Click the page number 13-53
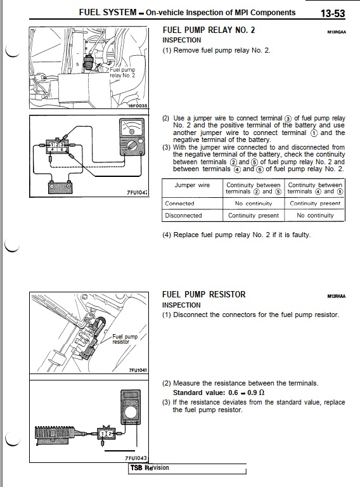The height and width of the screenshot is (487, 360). click(333, 13)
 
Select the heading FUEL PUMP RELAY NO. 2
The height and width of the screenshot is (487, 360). click(209, 30)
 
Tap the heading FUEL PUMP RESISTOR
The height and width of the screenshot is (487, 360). click(204, 294)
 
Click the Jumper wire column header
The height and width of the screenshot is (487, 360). click(192, 185)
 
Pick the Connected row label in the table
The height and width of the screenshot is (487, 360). click(180, 204)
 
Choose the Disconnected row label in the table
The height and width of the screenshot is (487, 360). click(183, 215)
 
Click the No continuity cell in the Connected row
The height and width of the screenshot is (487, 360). click(254, 204)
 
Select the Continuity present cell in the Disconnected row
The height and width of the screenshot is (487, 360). click(254, 215)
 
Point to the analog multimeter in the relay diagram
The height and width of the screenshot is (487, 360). click(132, 137)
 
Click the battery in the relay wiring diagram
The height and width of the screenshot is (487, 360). click(60, 186)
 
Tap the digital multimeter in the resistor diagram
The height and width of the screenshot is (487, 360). click(130, 407)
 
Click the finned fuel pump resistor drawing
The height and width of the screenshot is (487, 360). click(55, 433)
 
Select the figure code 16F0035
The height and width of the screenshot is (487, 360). click(138, 106)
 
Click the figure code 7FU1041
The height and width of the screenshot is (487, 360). click(138, 370)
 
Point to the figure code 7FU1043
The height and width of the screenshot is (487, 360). click(136, 458)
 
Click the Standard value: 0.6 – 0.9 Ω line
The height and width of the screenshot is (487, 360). click(219, 393)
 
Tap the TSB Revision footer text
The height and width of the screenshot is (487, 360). click(150, 468)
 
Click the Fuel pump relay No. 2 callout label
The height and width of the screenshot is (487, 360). click(122, 73)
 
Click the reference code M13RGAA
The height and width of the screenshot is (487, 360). click(337, 32)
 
